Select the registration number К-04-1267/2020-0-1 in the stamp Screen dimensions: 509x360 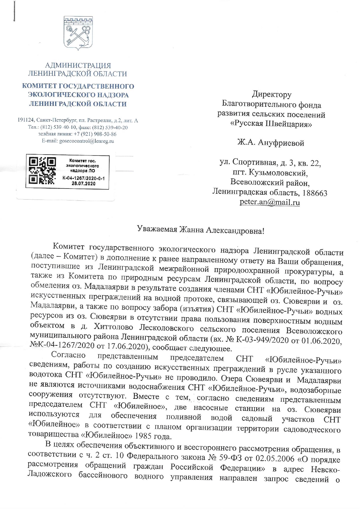point(83,178)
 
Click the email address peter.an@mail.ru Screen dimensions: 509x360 point(270,202)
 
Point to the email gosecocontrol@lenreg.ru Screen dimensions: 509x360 point(86,141)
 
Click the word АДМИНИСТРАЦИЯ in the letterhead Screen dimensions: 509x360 point(78,66)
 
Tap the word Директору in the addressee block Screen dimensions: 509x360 point(272,94)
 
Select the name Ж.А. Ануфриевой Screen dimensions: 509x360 point(271,143)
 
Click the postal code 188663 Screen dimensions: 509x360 point(315,193)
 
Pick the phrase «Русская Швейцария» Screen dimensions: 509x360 point(271,124)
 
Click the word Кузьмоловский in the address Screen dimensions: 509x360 point(277,173)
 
